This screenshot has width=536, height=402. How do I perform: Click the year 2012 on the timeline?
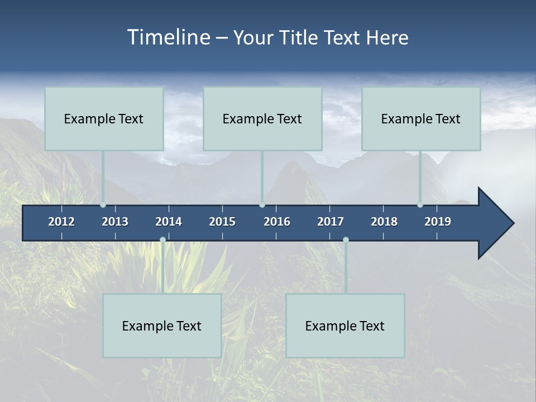61,222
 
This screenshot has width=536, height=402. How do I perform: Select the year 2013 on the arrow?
115,222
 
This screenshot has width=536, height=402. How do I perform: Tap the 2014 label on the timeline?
169,222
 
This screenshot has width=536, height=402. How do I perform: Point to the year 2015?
222,222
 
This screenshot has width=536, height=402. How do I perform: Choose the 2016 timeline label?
277,222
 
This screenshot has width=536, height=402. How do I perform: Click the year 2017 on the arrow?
331,222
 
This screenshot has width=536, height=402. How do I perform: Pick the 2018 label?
384,222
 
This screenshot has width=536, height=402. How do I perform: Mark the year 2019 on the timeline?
438,222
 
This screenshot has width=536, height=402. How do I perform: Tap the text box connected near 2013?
104,118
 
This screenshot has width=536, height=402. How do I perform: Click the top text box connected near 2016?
262,118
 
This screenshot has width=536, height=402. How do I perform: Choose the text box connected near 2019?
421,118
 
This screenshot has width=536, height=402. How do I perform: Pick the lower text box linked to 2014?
162,326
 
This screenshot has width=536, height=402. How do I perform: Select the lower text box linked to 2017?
345,326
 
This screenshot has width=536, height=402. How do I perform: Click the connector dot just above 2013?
103,205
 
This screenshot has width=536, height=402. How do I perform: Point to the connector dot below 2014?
162,240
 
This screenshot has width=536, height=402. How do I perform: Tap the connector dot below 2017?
346,240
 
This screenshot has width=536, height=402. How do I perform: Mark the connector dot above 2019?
420,205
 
